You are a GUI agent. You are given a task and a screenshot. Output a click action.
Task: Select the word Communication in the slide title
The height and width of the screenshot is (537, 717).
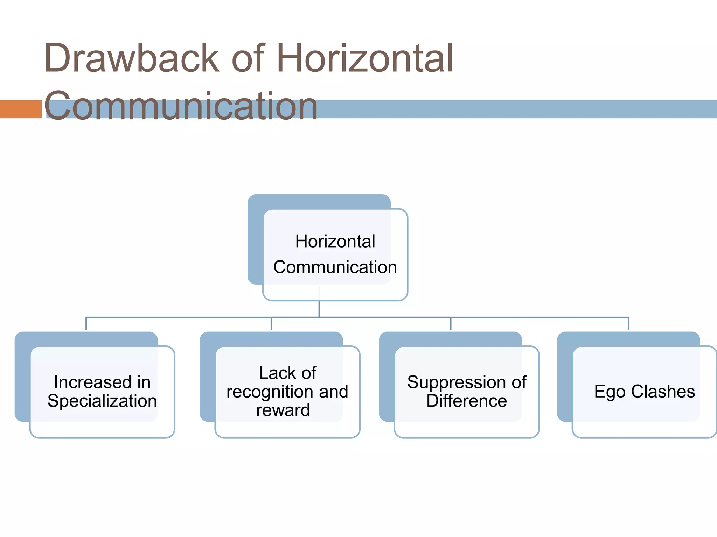[181, 105]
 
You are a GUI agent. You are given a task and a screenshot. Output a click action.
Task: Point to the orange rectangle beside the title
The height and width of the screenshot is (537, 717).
[21, 109]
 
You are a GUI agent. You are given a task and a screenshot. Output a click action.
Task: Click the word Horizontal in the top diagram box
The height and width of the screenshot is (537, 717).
[335, 241]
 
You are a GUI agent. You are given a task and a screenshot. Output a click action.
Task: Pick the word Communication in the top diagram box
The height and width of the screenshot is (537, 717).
[335, 267]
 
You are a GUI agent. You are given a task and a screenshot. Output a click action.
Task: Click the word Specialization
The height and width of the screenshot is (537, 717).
[102, 401]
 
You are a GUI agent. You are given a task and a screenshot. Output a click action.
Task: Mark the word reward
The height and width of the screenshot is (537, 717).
[283, 410]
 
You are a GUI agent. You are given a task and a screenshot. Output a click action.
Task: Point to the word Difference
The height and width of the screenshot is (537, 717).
[466, 401]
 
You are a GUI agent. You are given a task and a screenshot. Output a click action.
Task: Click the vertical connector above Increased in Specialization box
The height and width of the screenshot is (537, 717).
[86, 324]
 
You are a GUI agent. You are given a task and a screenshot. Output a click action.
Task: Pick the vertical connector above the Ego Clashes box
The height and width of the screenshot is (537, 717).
[628, 324]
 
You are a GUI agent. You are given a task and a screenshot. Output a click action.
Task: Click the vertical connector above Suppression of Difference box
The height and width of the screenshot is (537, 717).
[451, 324]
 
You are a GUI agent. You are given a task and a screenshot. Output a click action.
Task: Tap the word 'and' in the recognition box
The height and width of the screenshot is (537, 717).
[333, 392]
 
